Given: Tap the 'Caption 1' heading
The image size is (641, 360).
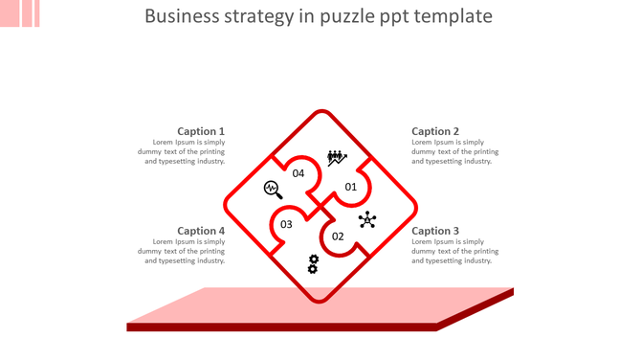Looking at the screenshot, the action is click(x=201, y=131).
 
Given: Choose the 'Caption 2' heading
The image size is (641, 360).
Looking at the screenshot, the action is click(x=435, y=131).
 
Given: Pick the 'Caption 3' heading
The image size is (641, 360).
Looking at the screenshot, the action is click(x=435, y=231).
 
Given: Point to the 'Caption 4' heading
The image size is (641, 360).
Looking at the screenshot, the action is click(x=201, y=231).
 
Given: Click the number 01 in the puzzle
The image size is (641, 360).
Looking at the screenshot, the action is click(x=350, y=187).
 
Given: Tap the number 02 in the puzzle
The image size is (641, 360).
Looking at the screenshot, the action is click(x=338, y=236).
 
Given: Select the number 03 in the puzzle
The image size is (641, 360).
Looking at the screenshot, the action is click(x=286, y=225).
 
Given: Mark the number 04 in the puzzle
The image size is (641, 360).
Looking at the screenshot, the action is click(x=298, y=173).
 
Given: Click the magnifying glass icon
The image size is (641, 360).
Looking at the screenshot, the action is click(x=273, y=189).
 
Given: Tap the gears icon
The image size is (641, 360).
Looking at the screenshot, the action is click(x=313, y=263).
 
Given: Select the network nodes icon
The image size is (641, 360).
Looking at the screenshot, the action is click(x=367, y=221).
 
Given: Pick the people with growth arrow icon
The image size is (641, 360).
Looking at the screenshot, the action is click(x=337, y=157).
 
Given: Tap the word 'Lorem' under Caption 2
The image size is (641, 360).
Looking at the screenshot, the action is click(x=423, y=143).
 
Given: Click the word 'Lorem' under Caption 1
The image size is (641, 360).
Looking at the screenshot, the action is click(x=166, y=143).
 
